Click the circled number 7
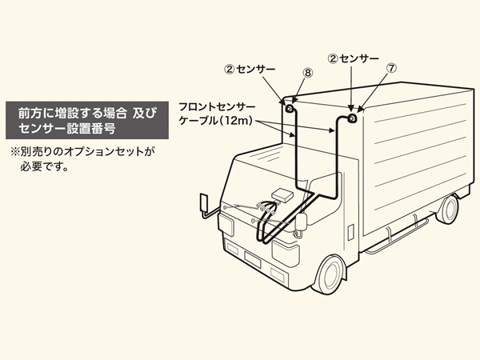pos(391,69)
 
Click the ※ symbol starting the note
pos(14,151)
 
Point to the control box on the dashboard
pos(282,194)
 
